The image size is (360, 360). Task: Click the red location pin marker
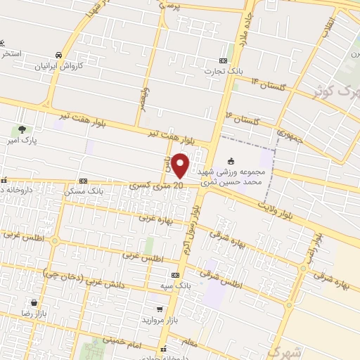(x=181, y=166)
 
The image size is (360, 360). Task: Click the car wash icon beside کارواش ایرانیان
(x=58, y=54)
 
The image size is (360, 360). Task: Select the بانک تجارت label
(x=224, y=71)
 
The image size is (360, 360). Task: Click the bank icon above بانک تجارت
(x=224, y=60)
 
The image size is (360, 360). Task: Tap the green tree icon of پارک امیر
(x=22, y=129)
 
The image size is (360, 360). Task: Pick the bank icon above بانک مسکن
(x=84, y=180)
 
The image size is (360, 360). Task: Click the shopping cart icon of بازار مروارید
(x=162, y=309)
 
